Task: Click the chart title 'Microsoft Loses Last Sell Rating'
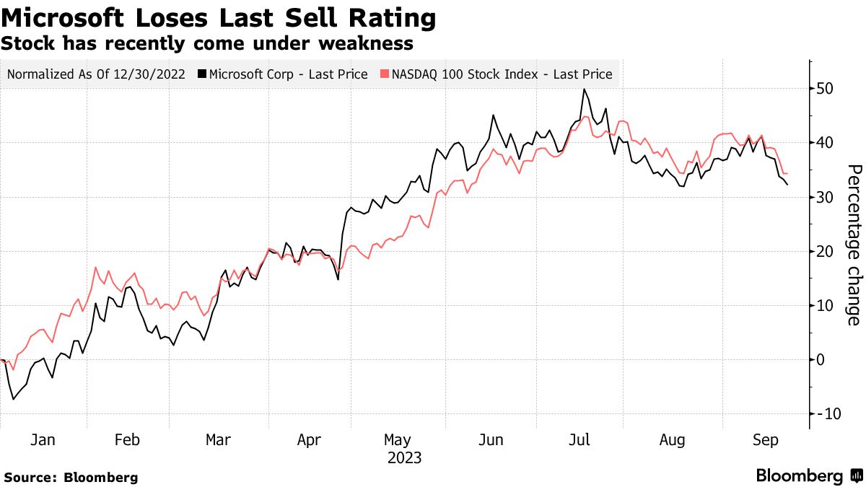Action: (x=219, y=19)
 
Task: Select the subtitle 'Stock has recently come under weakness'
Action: (x=207, y=44)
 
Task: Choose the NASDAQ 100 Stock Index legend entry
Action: (x=497, y=74)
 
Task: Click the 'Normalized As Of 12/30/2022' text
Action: (x=96, y=74)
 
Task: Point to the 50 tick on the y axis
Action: (x=826, y=89)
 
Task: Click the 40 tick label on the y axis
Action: (x=826, y=143)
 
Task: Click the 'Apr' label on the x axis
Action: (x=309, y=440)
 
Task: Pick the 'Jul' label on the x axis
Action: (x=582, y=440)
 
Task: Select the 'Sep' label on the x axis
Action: (x=765, y=440)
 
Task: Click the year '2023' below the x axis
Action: (x=404, y=458)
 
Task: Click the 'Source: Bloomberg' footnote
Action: (x=71, y=477)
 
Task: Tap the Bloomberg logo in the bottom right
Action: (x=808, y=475)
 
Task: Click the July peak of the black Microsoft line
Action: (x=583, y=89)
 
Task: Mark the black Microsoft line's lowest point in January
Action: (x=12, y=399)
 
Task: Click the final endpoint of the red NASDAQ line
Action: (x=787, y=174)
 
